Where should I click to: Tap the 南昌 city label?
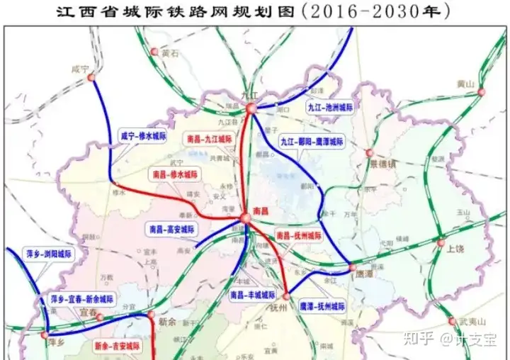[261, 211]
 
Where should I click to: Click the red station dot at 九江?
[250, 108]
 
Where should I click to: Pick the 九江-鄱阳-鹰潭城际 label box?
[312, 142]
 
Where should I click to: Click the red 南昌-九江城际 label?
[210, 140]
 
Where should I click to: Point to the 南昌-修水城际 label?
[175, 174]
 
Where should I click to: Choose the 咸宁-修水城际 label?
[142, 135]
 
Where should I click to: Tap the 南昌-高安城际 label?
[174, 230]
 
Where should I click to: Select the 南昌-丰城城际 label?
[253, 294]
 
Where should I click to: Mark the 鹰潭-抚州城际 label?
[322, 307]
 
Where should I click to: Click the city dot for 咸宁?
[90, 79]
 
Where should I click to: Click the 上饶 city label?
[455, 249]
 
